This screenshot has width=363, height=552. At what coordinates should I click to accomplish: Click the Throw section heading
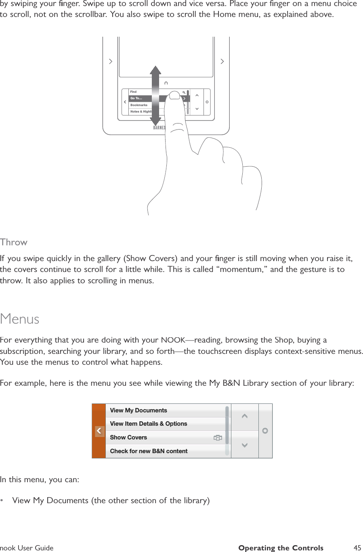coord(14,242)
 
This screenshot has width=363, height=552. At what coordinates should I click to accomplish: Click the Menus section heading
coord(20,319)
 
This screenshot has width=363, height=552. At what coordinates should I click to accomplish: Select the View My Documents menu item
coord(138,410)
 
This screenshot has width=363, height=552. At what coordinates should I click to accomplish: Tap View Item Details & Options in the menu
coord(148,424)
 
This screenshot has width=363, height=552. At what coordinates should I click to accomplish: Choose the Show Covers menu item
coord(128,437)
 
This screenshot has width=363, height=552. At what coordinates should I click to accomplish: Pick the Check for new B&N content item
coord(149,451)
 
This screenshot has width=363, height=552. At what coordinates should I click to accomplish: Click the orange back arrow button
coord(99,431)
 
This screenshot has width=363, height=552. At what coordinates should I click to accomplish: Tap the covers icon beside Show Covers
coord(218,437)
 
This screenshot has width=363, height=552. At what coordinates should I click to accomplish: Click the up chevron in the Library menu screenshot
coord(244,416)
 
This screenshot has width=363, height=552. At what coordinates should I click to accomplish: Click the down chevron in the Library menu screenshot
coord(244,445)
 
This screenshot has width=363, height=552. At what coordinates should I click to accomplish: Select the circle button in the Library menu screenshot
coord(265,431)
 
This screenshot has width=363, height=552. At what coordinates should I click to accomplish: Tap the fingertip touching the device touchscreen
coord(174,96)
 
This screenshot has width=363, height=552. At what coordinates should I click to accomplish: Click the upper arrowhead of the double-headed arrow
coord(155,71)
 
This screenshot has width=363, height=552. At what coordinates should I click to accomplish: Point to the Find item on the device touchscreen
coord(134,92)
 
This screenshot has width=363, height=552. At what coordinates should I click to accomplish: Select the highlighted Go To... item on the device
coord(136,98)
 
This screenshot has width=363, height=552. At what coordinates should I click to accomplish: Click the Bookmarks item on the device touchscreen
coord(139,105)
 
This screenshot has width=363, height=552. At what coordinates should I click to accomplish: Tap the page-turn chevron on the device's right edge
coord(222,61)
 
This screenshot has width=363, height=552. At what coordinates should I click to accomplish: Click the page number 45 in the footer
coord(357,548)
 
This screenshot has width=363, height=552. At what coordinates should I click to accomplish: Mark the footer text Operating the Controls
coord(281,548)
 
